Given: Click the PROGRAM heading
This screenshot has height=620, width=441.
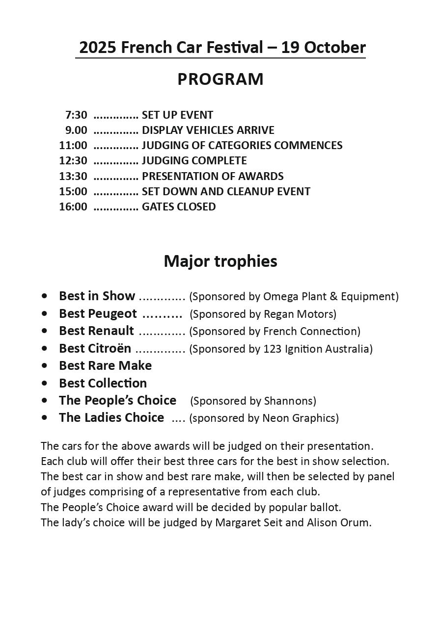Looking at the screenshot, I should (220, 79).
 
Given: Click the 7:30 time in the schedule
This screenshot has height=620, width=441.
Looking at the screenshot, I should (76, 115).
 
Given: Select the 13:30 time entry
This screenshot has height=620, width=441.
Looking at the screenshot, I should (73, 176).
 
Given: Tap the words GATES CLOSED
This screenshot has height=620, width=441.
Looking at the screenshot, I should (179, 207).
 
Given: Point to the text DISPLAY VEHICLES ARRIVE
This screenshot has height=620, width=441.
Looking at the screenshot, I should (208, 130).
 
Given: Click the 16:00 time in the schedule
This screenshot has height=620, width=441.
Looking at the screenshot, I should (73, 207).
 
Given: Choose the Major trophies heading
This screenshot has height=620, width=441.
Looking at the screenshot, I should (220, 261).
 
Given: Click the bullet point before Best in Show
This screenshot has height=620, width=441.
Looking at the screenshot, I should (45, 296).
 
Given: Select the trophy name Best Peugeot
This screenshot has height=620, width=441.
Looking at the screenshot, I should (98, 313).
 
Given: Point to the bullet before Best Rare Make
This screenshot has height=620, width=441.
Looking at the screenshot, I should (45, 365).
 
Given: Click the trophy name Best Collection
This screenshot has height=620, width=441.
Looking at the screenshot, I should (103, 383).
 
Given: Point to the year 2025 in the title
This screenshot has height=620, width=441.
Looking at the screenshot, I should (98, 48).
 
